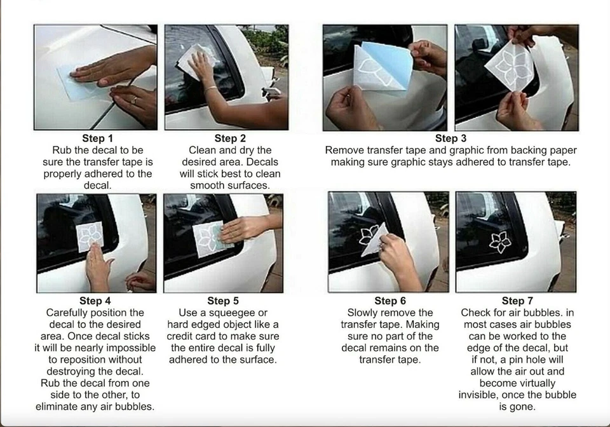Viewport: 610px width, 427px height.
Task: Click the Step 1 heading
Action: [97, 139]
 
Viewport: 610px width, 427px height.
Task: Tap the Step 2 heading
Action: [230, 139]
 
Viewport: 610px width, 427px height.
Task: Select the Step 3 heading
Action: [451, 139]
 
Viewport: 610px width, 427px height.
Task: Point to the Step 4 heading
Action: [95, 301]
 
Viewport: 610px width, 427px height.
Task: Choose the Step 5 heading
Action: [223, 301]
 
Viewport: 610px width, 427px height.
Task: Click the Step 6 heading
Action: [390, 301]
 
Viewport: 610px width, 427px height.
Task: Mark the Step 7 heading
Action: [517, 301]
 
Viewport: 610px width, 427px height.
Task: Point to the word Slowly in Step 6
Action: [362, 313]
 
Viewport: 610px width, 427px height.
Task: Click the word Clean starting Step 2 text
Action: [202, 150]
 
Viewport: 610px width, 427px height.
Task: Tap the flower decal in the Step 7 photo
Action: [500, 242]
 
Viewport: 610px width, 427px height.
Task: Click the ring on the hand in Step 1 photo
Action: [134, 100]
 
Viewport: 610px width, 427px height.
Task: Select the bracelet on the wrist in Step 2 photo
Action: [210, 89]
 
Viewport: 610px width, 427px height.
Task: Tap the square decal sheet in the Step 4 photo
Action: [90, 236]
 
